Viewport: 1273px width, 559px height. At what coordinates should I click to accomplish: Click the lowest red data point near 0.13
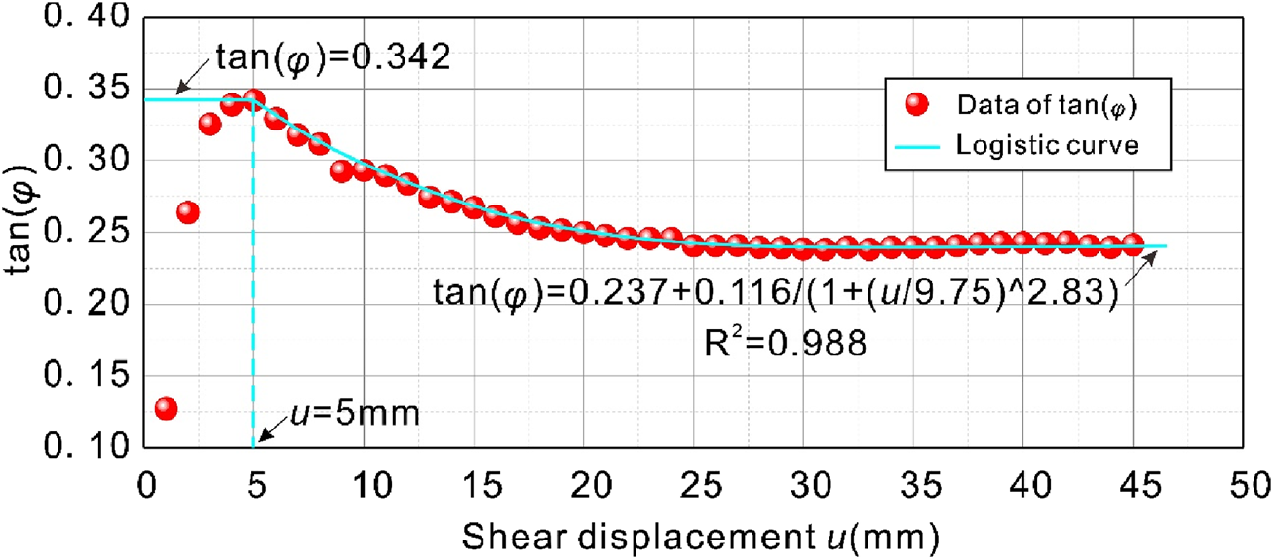pyautogui.click(x=166, y=408)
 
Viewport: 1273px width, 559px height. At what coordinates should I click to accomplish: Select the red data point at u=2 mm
pyautogui.click(x=188, y=212)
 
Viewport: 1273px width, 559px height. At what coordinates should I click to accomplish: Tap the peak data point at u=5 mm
pyautogui.click(x=254, y=99)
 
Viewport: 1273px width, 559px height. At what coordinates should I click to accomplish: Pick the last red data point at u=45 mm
pyautogui.click(x=1133, y=244)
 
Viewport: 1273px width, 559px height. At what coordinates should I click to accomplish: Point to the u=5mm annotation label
pyautogui.click(x=354, y=415)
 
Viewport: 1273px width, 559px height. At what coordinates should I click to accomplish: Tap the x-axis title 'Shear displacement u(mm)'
pyautogui.click(x=700, y=535)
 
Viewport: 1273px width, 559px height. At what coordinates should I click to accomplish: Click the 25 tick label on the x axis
pyautogui.click(x=693, y=482)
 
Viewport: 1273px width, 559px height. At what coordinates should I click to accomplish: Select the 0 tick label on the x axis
pyautogui.click(x=146, y=482)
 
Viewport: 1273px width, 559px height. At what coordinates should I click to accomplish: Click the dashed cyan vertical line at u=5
pyautogui.click(x=253, y=292)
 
